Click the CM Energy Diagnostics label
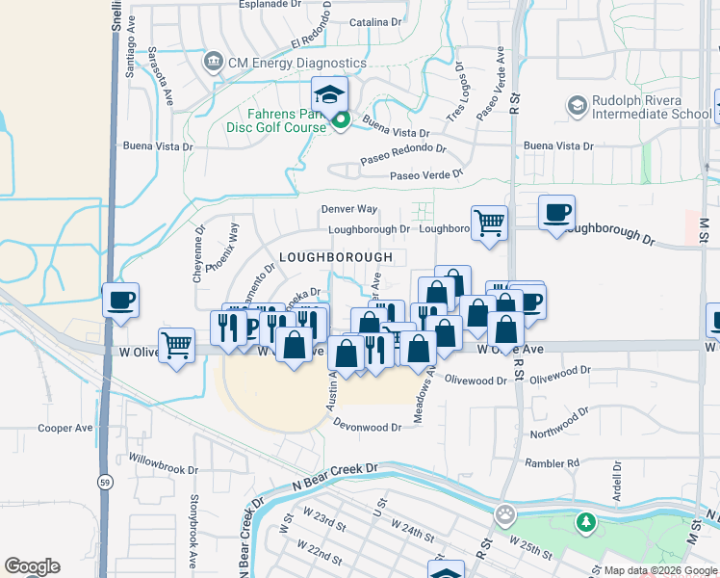pos(296,63)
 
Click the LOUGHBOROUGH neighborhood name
pos(336,257)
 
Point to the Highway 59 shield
pos(104,480)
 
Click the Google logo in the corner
pos(33,566)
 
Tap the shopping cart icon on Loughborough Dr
pos(490,223)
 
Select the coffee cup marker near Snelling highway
pos(120,301)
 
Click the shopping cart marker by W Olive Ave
pos(176,344)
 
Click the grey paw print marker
pos(504,514)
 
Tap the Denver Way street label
pos(348,209)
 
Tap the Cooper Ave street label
pos(64,428)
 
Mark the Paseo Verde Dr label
pos(426,176)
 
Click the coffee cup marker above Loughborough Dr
pos(555,213)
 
